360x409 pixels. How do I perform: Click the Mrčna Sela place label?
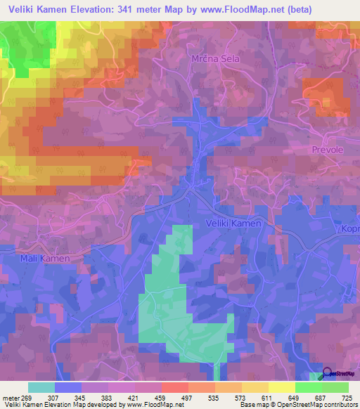coord(216,59)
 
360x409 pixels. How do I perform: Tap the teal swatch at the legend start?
coord(41,387)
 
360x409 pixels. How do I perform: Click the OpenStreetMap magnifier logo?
coord(328,375)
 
